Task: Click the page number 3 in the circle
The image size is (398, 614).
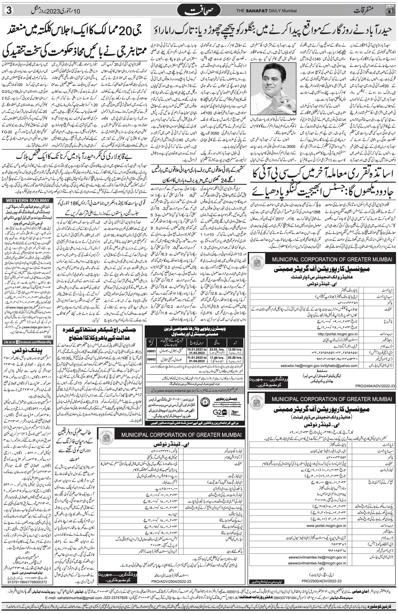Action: pyautogui.click(x=7, y=11)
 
